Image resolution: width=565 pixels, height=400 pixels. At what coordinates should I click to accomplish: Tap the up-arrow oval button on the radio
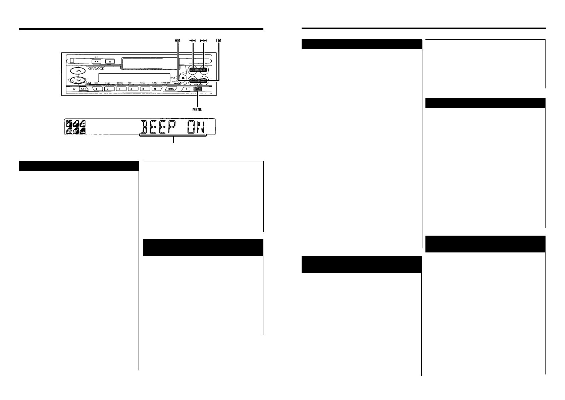[x=79, y=71]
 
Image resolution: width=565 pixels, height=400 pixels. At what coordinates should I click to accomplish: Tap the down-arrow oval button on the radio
[x=79, y=80]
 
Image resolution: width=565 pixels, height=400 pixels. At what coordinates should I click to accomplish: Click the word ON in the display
[x=196, y=127]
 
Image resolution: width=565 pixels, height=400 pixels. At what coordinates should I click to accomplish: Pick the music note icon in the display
[x=81, y=124]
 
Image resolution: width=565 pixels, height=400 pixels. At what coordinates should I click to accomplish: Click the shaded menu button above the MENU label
[x=198, y=89]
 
